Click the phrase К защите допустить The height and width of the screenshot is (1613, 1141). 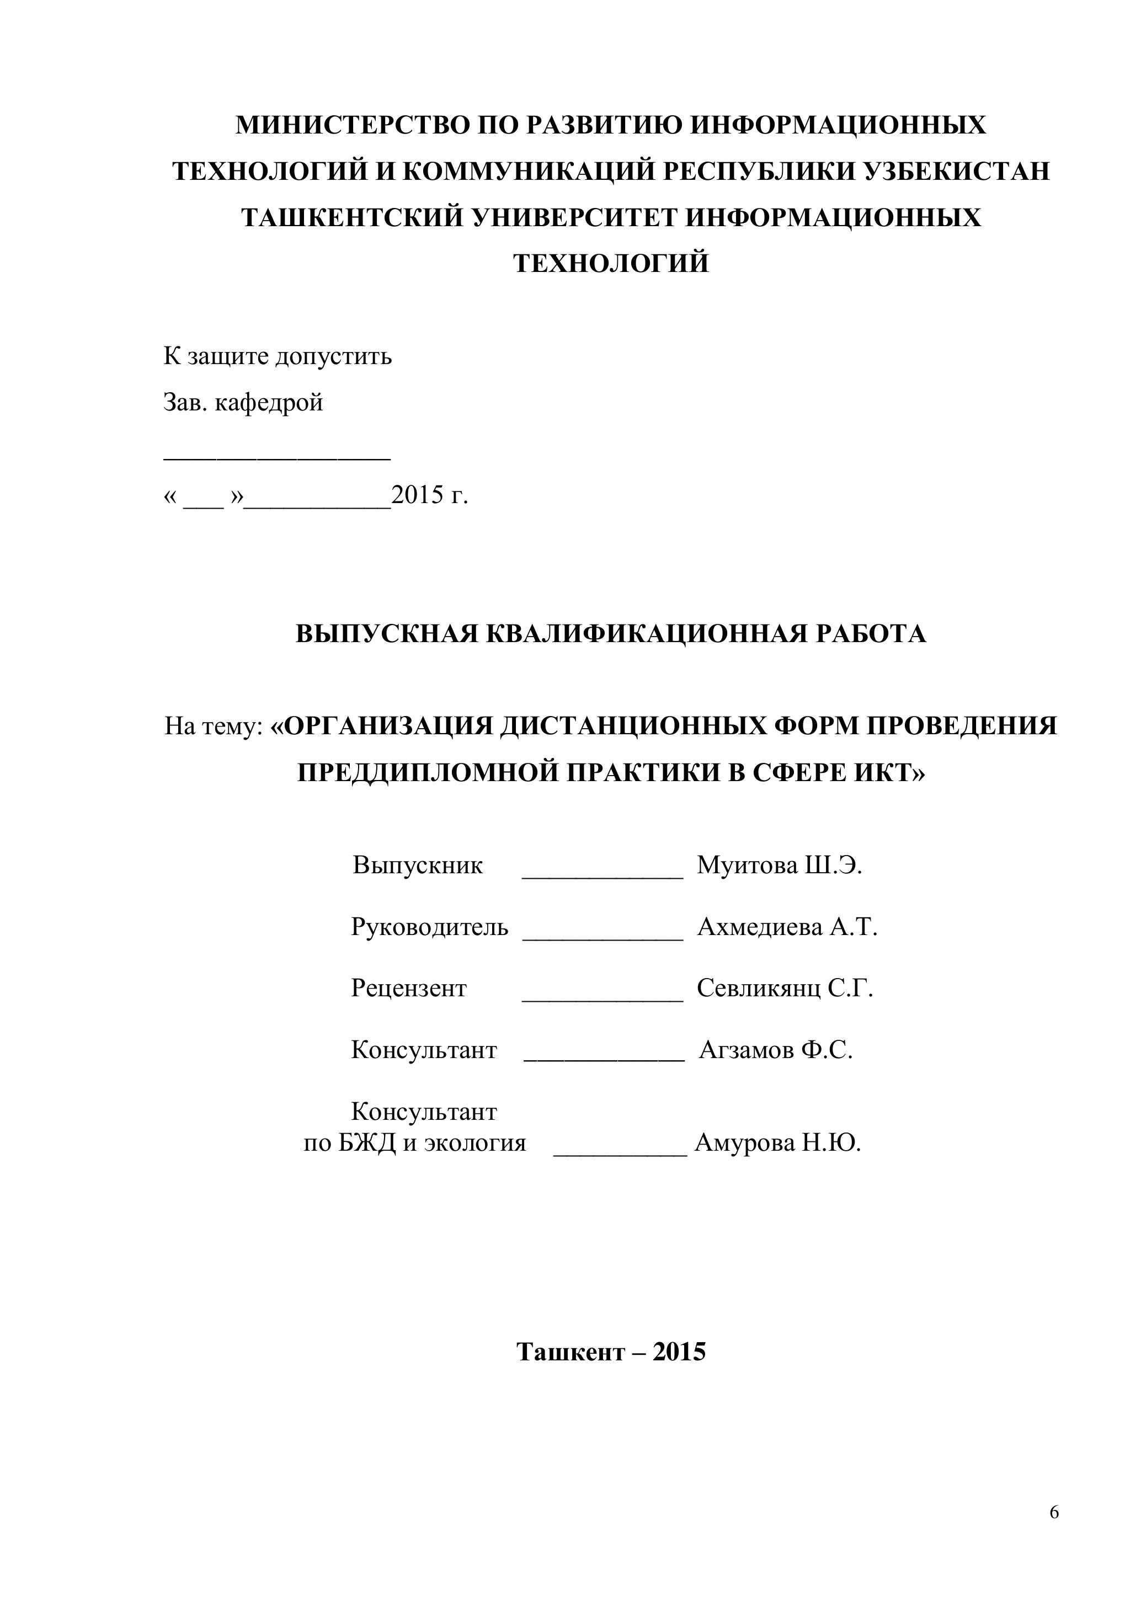point(278,357)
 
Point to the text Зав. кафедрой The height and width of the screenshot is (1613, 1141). point(243,403)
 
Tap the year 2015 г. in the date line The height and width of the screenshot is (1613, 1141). point(429,496)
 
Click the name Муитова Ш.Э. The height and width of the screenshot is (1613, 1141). point(779,865)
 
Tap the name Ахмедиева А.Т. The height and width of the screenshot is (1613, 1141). point(787,927)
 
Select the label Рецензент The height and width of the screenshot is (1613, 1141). point(409,989)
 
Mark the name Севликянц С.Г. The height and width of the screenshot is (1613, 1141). point(785,989)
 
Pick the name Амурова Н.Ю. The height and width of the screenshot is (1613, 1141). point(777,1143)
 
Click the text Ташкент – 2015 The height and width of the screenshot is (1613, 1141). point(611,1352)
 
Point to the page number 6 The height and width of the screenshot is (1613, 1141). point(1054,1513)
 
